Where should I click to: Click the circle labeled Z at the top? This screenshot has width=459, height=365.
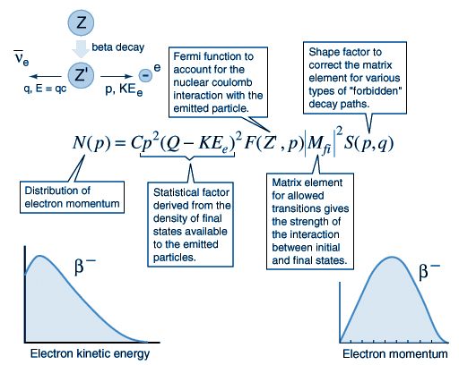[81, 22]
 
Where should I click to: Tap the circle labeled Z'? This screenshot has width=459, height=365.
[81, 75]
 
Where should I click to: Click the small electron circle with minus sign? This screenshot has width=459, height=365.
[145, 75]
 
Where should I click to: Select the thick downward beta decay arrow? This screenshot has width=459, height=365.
[81, 48]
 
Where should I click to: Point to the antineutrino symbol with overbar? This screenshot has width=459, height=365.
[22, 58]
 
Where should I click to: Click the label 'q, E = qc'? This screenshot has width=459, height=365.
[45, 89]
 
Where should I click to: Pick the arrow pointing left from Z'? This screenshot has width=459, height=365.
[46, 77]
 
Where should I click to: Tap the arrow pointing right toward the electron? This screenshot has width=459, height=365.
[117, 77]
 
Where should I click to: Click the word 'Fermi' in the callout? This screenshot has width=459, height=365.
[187, 56]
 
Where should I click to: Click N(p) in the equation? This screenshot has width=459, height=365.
[91, 142]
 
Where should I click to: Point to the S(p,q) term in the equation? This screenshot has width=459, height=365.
[368, 143]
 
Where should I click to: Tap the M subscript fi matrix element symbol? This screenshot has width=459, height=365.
[319, 144]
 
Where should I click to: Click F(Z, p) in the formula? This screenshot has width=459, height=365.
[273, 143]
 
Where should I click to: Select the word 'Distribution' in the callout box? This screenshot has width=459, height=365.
[57, 191]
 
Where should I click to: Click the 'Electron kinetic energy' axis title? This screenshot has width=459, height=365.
[90, 353]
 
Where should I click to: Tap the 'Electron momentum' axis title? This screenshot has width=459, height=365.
[395, 354]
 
